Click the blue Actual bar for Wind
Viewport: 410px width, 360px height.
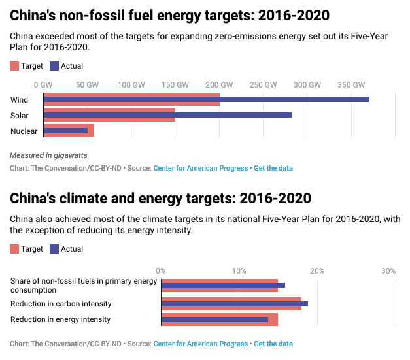[206, 99]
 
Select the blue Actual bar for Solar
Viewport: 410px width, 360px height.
[167, 115]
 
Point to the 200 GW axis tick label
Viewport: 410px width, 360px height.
[219, 85]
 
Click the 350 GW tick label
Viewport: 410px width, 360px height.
[351, 85]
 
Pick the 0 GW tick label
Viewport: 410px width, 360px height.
[43, 85]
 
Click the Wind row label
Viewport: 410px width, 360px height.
[20, 100]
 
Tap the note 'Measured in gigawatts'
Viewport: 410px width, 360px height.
[48, 155]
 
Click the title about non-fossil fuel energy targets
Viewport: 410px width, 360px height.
[170, 15]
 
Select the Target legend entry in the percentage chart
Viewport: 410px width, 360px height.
[27, 249]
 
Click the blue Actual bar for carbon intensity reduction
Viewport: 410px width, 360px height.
[234, 304]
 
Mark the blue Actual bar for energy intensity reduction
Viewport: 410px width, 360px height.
[214, 319]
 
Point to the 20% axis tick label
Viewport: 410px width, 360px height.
[317, 271]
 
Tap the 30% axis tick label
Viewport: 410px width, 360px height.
[388, 271]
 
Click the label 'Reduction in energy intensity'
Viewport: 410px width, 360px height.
[61, 319]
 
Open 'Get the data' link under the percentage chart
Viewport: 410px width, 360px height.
[273, 344]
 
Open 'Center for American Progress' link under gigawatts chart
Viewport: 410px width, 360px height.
[201, 168]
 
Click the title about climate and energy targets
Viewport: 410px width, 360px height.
[160, 198]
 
